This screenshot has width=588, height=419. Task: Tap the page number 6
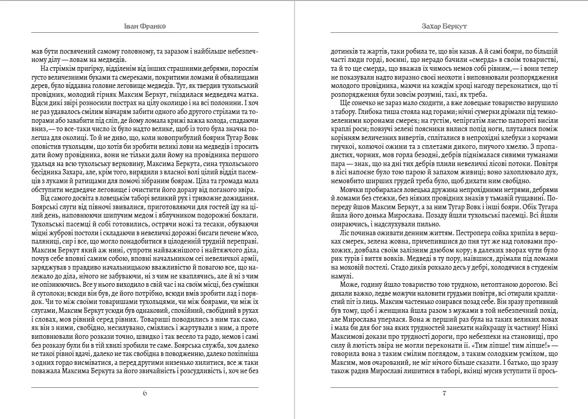coord(145,393)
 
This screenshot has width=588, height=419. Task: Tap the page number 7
coord(444,393)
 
